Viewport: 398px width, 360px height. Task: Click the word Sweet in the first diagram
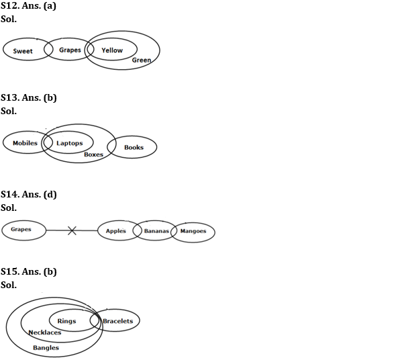(x=23, y=51)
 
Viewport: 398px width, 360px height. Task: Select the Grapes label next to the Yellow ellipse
(x=70, y=50)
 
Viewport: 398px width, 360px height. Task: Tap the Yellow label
(x=112, y=50)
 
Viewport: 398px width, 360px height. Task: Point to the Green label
(x=142, y=60)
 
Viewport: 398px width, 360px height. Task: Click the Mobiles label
(x=25, y=143)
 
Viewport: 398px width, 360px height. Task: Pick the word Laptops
(x=70, y=143)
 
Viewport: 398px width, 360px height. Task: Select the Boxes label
(x=94, y=154)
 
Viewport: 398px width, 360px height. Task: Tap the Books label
(x=134, y=147)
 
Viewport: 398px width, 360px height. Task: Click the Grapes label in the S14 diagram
(x=21, y=230)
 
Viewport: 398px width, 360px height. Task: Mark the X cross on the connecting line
(x=72, y=230)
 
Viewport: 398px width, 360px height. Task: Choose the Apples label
(x=115, y=231)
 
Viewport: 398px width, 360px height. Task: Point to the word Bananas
(x=156, y=231)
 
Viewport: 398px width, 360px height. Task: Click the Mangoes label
(x=193, y=231)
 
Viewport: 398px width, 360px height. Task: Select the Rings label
(x=66, y=321)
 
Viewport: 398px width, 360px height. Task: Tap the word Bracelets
(x=118, y=321)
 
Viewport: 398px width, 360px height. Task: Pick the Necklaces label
(x=45, y=332)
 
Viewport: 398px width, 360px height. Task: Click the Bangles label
(x=46, y=348)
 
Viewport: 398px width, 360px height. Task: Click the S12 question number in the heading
(x=9, y=5)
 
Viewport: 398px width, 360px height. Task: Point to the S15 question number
(x=9, y=271)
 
